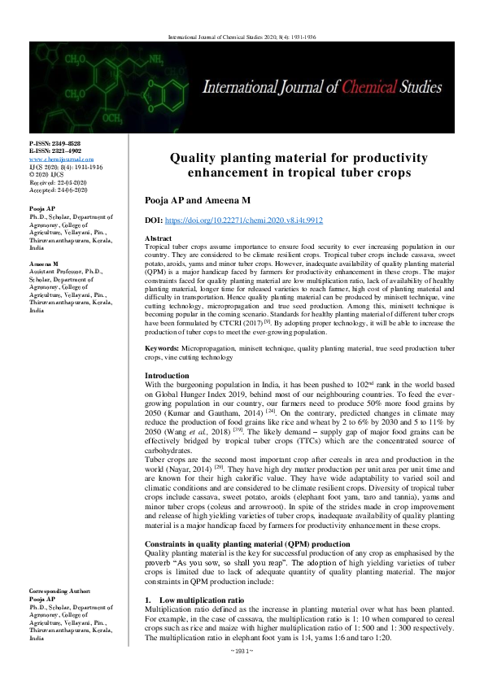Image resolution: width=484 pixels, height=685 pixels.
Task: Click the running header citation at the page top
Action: (x=242, y=37)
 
